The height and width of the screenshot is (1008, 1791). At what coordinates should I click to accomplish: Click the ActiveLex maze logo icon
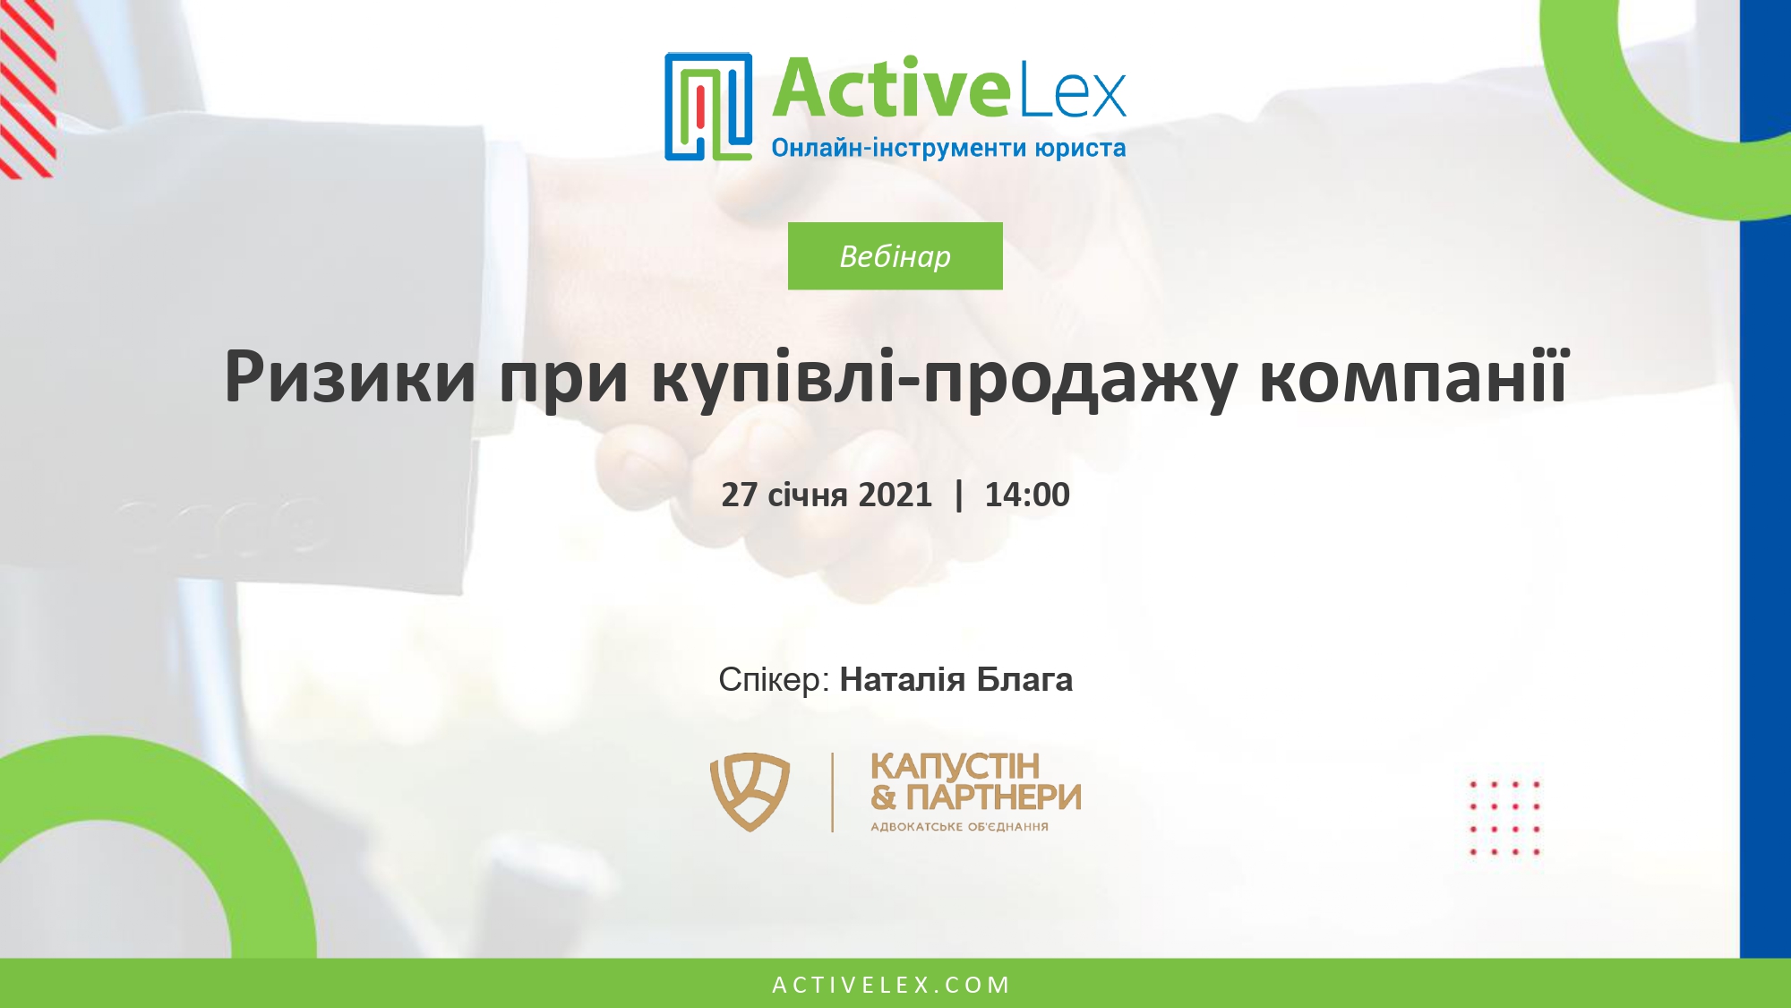707,107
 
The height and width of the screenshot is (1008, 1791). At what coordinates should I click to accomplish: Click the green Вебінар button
895,256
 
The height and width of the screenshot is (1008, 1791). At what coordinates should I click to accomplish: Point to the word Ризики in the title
349,376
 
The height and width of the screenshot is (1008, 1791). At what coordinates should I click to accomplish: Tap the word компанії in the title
1414,376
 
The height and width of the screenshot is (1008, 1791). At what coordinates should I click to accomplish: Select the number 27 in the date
739,495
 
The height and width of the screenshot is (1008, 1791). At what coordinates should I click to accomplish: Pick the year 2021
895,495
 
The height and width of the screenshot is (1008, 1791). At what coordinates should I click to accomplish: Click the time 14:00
1026,495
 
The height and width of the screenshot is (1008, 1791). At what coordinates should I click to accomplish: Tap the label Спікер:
774,680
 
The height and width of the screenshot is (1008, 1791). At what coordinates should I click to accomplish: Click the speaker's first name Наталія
902,680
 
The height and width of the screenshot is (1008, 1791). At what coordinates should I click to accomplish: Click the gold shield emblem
750,791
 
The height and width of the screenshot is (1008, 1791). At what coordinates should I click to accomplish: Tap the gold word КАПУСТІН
955,767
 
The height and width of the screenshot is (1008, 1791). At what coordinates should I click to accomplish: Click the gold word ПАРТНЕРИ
993,797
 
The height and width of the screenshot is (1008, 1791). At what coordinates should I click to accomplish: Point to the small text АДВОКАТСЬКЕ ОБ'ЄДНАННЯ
959,827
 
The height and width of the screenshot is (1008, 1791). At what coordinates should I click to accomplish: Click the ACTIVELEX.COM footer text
891,985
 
